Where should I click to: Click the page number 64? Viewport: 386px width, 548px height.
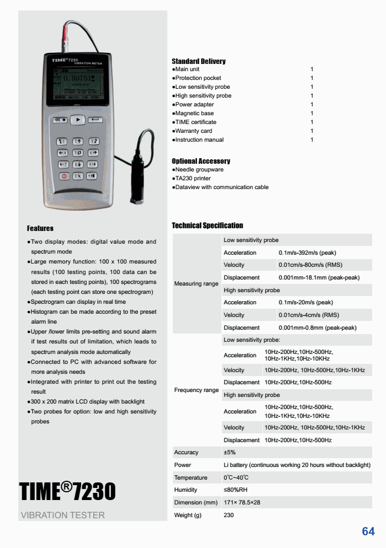368,531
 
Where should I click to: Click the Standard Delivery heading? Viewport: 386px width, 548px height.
199,61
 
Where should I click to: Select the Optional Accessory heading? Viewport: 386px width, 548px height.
201,161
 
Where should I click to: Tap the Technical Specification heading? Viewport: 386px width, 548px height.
208,225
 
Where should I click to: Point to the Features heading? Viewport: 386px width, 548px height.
40,228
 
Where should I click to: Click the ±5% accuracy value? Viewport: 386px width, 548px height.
230,452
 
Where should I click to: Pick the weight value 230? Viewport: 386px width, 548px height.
229,515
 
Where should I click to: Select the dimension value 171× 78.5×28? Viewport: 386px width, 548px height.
242,503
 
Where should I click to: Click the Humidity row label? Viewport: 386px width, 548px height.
186,490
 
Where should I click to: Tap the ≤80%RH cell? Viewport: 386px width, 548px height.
235,490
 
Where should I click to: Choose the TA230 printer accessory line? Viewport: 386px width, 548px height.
192,179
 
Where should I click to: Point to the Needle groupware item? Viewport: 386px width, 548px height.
198,170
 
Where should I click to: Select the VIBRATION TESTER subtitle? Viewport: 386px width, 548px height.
62,515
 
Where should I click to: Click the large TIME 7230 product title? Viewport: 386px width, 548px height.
68,491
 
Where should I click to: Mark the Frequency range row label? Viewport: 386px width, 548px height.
197,390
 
